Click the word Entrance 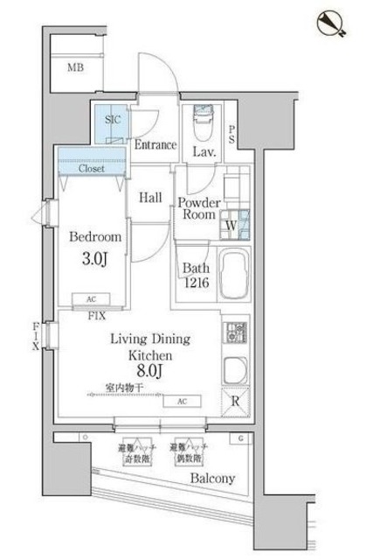(x=155, y=145)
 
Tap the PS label (x=231, y=135)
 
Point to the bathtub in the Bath (x=231, y=276)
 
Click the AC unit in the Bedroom (x=91, y=297)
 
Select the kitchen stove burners (x=234, y=333)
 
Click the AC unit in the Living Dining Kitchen (x=181, y=401)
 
